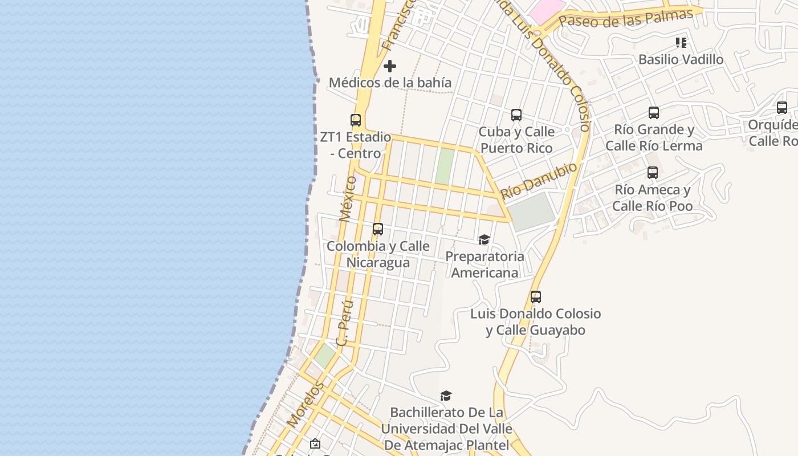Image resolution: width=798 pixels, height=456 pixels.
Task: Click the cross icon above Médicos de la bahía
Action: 390,66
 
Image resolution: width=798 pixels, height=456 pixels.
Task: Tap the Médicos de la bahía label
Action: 390,83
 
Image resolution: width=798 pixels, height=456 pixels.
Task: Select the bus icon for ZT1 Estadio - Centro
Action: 356,120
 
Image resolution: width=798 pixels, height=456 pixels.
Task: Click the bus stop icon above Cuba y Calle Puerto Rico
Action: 516,115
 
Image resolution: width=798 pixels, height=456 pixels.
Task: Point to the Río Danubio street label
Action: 539,180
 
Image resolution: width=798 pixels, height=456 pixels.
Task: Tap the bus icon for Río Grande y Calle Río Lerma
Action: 654,113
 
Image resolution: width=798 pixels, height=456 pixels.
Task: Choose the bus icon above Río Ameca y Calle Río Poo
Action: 653,173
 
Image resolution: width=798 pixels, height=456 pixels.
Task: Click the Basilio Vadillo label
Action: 681,59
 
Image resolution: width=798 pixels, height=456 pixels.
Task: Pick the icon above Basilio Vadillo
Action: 681,43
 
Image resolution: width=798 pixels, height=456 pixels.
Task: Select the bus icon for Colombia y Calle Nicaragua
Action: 378,229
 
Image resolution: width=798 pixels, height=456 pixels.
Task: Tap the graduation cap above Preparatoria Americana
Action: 484,239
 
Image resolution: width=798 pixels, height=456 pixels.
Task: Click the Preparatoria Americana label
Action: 484,264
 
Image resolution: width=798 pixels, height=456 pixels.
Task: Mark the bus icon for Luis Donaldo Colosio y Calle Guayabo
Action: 536,297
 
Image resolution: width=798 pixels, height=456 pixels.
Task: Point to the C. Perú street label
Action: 345,323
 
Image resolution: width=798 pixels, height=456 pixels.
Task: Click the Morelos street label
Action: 305,405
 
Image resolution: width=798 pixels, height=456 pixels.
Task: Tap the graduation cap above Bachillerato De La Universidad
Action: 446,396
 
